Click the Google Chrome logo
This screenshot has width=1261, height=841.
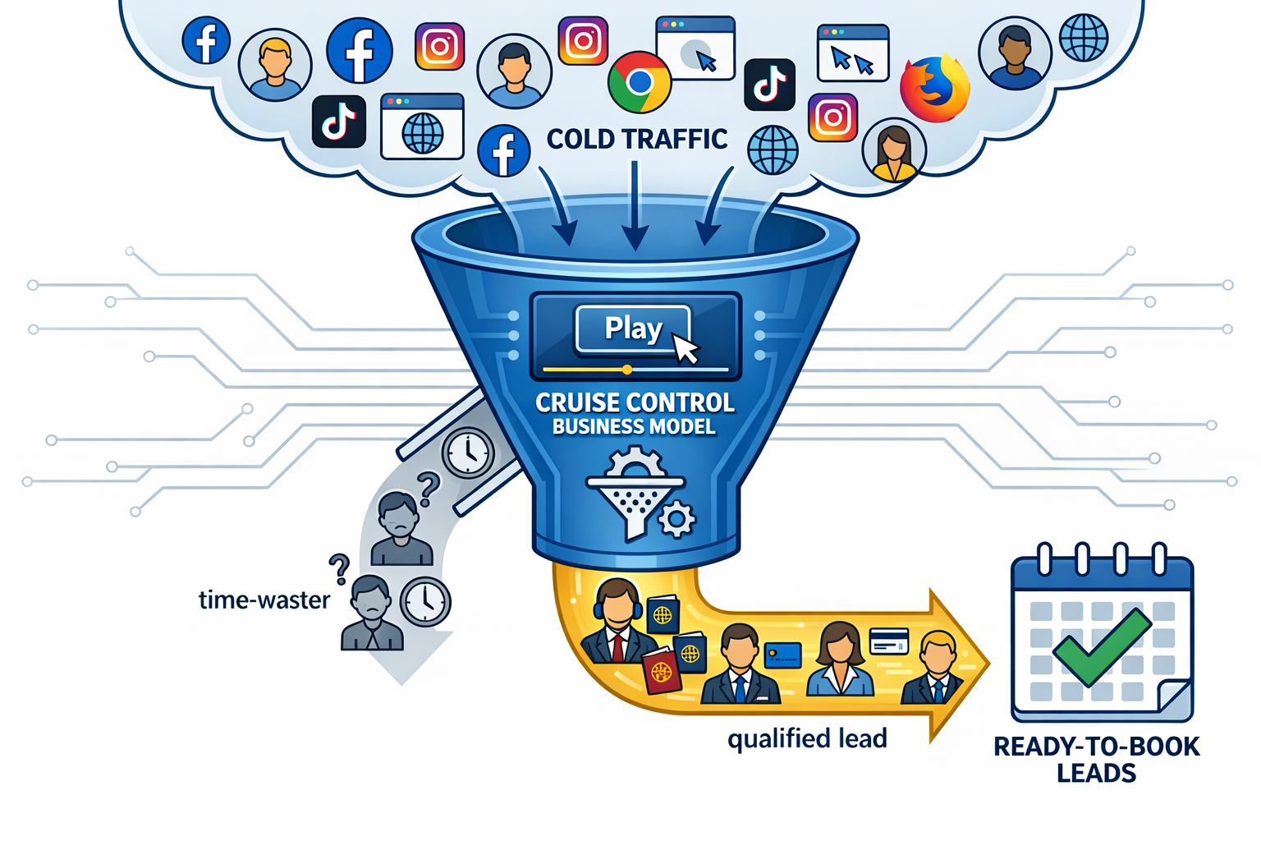(640, 82)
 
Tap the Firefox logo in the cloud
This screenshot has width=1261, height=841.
(934, 89)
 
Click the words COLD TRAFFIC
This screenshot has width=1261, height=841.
(637, 140)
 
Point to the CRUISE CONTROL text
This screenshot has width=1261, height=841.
(635, 402)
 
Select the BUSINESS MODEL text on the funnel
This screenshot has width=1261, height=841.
(634, 426)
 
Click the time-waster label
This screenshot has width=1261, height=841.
(264, 600)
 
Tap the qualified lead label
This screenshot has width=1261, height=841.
(807, 738)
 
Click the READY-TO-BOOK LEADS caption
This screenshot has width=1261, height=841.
(1096, 759)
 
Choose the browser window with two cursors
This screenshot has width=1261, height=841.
(853, 53)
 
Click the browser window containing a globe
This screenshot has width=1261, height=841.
(422, 126)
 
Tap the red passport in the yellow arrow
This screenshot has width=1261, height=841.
(663, 669)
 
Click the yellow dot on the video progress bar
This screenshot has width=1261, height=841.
(627, 370)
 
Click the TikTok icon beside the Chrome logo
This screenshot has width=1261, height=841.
(769, 85)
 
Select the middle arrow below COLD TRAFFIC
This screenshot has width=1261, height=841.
(635, 205)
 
